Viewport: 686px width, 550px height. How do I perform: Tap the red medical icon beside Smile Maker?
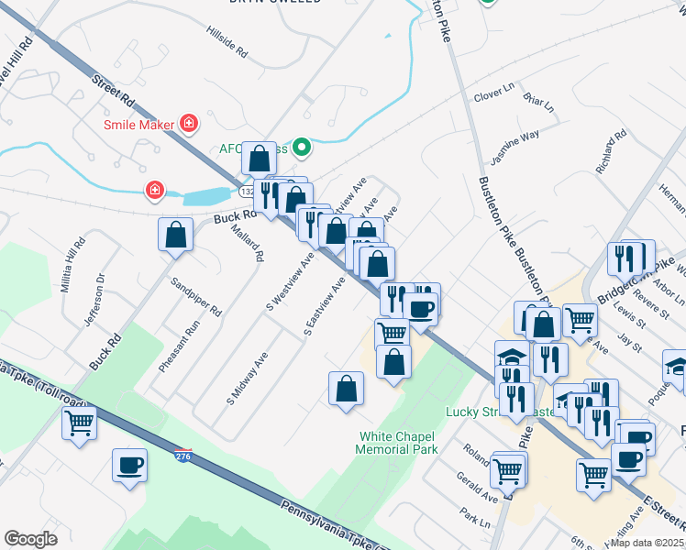click(x=189, y=122)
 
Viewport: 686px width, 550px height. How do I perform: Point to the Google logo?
click(x=30, y=539)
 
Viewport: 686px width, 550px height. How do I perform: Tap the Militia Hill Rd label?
click(x=73, y=265)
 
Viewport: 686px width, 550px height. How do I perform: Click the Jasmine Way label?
click(x=514, y=148)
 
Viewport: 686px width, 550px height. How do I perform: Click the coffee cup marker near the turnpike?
click(x=129, y=465)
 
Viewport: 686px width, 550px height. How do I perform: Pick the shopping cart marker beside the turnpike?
click(x=80, y=423)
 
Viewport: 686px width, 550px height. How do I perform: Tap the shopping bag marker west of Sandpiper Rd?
click(x=175, y=235)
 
